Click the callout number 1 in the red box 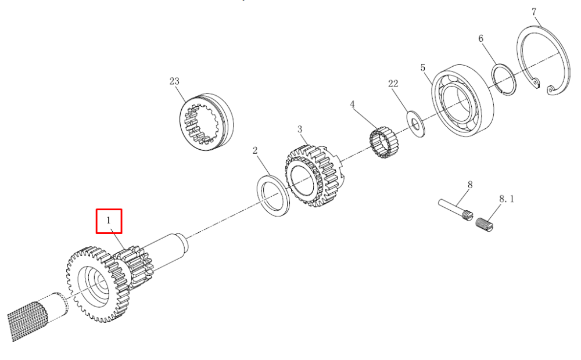click(109, 221)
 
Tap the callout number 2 click(255, 150)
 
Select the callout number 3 click(300, 129)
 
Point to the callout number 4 click(353, 105)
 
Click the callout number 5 click(423, 68)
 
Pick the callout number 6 click(481, 38)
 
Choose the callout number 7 click(534, 12)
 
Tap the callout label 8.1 click(507, 199)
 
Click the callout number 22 click(393, 84)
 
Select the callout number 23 click(174, 81)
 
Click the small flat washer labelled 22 click(416, 124)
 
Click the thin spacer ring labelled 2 click(273, 195)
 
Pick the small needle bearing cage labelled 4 click(383, 142)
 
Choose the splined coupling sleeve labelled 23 click(207, 121)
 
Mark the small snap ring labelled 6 click(504, 80)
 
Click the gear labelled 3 click(315, 175)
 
